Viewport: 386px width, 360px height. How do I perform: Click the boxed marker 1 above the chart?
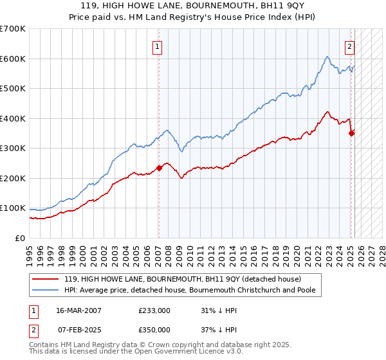click(x=157, y=46)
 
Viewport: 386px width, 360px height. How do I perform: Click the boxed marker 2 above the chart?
click(x=349, y=46)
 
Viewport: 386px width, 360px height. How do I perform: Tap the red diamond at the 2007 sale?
click(x=159, y=168)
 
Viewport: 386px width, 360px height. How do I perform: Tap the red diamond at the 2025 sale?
click(x=351, y=133)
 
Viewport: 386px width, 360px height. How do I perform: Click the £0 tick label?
click(x=21, y=238)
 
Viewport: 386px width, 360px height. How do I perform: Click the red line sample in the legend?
click(x=45, y=278)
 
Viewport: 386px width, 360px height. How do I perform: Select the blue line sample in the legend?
click(x=45, y=290)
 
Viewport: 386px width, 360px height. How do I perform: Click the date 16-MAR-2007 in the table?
click(x=78, y=310)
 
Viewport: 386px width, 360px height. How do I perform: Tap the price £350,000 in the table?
click(x=154, y=330)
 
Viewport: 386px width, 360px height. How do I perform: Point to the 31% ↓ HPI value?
click(x=217, y=310)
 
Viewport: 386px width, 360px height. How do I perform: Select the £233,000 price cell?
click(x=154, y=310)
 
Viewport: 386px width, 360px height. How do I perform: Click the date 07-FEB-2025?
click(x=78, y=330)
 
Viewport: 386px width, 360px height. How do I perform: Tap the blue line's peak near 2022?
click(x=327, y=57)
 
